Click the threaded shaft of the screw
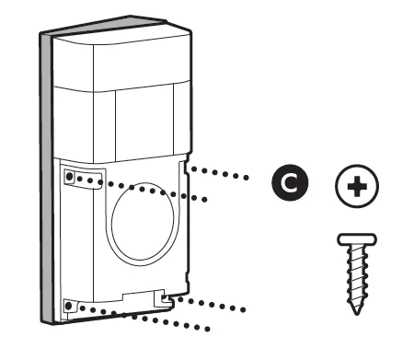click(355, 276)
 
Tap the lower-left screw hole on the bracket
click(70, 304)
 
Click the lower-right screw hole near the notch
click(166, 297)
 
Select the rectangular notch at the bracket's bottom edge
click(139, 296)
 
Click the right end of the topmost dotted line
click(247, 176)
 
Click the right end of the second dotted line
click(206, 198)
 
